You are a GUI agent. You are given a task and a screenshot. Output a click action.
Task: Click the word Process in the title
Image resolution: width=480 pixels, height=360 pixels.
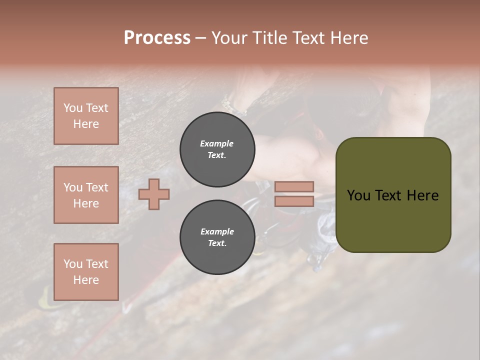157,38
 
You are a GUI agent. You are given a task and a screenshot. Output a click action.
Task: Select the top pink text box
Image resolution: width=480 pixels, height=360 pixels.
86,116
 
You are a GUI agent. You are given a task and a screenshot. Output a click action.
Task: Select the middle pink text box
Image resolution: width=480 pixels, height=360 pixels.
86,195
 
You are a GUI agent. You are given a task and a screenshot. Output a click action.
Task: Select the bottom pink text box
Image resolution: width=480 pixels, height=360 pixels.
86,272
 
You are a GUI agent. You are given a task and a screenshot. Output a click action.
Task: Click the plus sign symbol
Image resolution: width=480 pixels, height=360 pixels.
154,194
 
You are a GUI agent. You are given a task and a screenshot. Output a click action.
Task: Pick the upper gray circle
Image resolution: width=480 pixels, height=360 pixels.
217,149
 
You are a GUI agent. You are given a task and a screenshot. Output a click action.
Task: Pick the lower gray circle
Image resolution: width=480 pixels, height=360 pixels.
217,237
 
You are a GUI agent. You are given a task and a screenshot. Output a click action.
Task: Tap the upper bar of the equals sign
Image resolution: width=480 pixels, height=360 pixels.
294,186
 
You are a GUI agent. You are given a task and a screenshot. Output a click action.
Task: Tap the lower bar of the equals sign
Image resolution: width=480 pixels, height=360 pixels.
294,201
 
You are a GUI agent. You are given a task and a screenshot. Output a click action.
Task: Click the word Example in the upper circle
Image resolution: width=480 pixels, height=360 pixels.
216,143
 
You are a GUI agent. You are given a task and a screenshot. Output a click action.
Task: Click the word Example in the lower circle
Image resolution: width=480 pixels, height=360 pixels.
217,231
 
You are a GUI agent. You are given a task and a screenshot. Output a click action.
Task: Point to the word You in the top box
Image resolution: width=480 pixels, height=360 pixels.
72,108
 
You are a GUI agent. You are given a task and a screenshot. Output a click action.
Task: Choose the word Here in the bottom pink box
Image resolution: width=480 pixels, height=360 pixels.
86,280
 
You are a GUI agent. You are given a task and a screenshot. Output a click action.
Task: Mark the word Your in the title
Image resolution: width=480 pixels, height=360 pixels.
229,38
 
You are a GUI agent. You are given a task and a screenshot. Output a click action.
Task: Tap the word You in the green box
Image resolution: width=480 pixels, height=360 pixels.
359,195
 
